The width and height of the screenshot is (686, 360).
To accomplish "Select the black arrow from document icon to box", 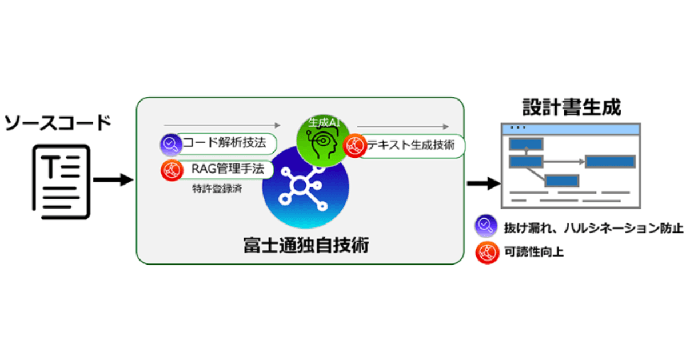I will pos(113,181).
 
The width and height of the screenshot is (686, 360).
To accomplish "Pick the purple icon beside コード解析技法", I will pos(170,145).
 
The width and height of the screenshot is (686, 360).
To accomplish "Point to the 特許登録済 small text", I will pos(217,189).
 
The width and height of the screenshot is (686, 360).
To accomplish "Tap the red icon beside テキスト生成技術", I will pos(355,146).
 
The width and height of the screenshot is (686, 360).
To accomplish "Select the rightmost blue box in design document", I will pos(609,161).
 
